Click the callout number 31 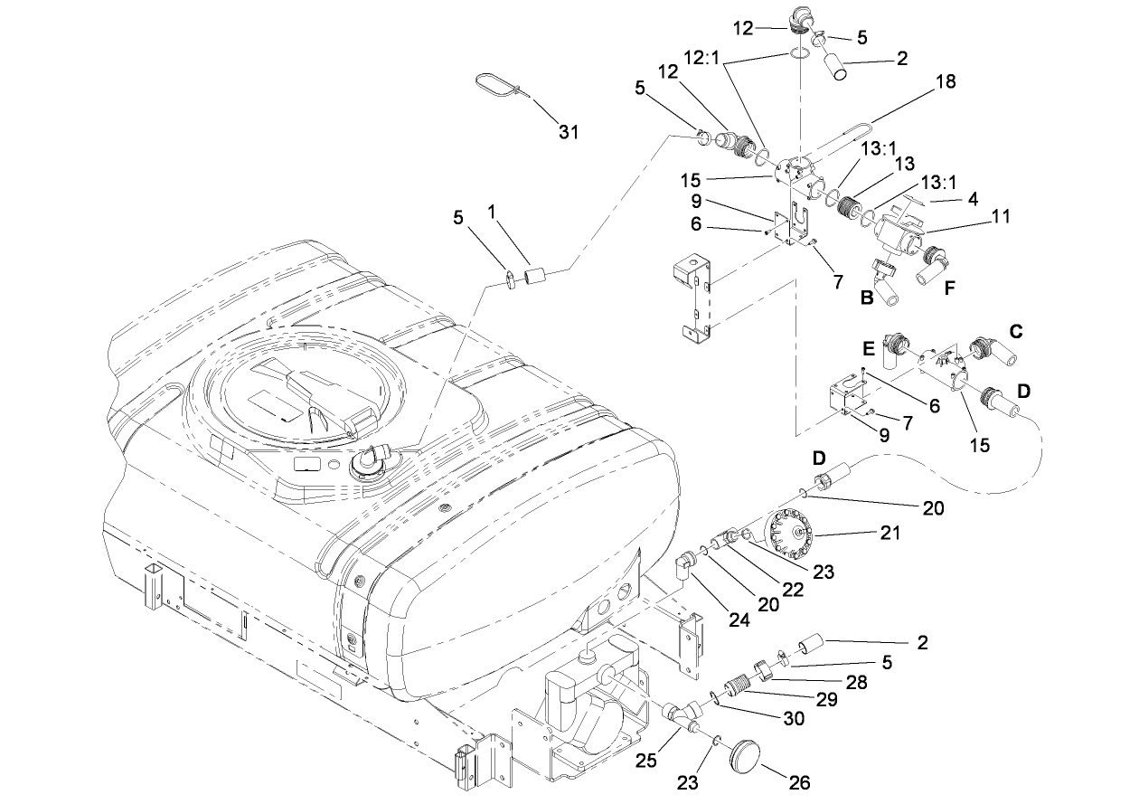pos(568,132)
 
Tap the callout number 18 pos(945,82)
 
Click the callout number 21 pos(890,534)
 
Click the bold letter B pos(865,295)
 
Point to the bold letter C pos(1015,332)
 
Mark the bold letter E pos(868,347)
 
